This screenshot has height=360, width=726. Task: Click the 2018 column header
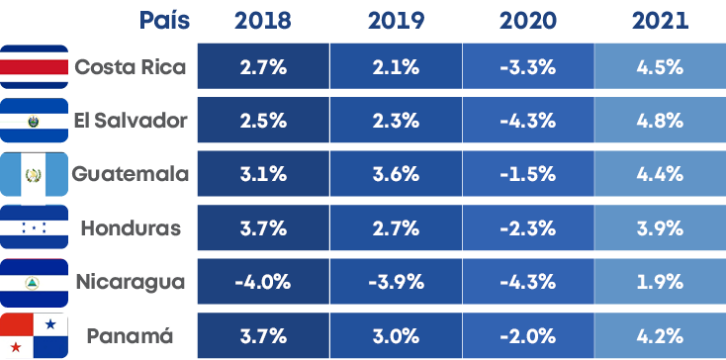(x=262, y=21)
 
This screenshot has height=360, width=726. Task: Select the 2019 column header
(x=395, y=21)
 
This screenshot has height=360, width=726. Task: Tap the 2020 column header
(x=528, y=21)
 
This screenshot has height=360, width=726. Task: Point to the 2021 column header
(x=661, y=21)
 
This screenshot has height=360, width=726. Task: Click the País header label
(x=165, y=21)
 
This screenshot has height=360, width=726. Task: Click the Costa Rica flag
(x=35, y=67)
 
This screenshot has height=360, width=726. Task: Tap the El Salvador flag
(x=35, y=121)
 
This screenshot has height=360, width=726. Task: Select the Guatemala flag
(x=35, y=174)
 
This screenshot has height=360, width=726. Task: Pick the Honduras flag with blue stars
(x=35, y=228)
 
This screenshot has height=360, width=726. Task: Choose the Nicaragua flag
(x=35, y=282)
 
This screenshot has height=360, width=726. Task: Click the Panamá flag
(x=35, y=335)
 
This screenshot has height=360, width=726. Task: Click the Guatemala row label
(x=130, y=174)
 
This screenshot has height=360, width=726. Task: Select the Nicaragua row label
(x=130, y=282)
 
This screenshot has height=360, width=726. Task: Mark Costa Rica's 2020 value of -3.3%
(x=528, y=67)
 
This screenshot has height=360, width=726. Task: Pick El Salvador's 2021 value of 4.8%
(x=661, y=121)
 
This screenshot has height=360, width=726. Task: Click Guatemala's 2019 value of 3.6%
(x=395, y=174)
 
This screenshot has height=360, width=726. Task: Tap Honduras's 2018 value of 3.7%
(x=262, y=228)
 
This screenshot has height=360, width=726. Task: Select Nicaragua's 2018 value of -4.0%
(x=262, y=282)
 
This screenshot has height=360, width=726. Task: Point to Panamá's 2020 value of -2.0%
(x=528, y=335)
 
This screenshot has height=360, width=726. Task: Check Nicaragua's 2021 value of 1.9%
(x=661, y=282)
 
